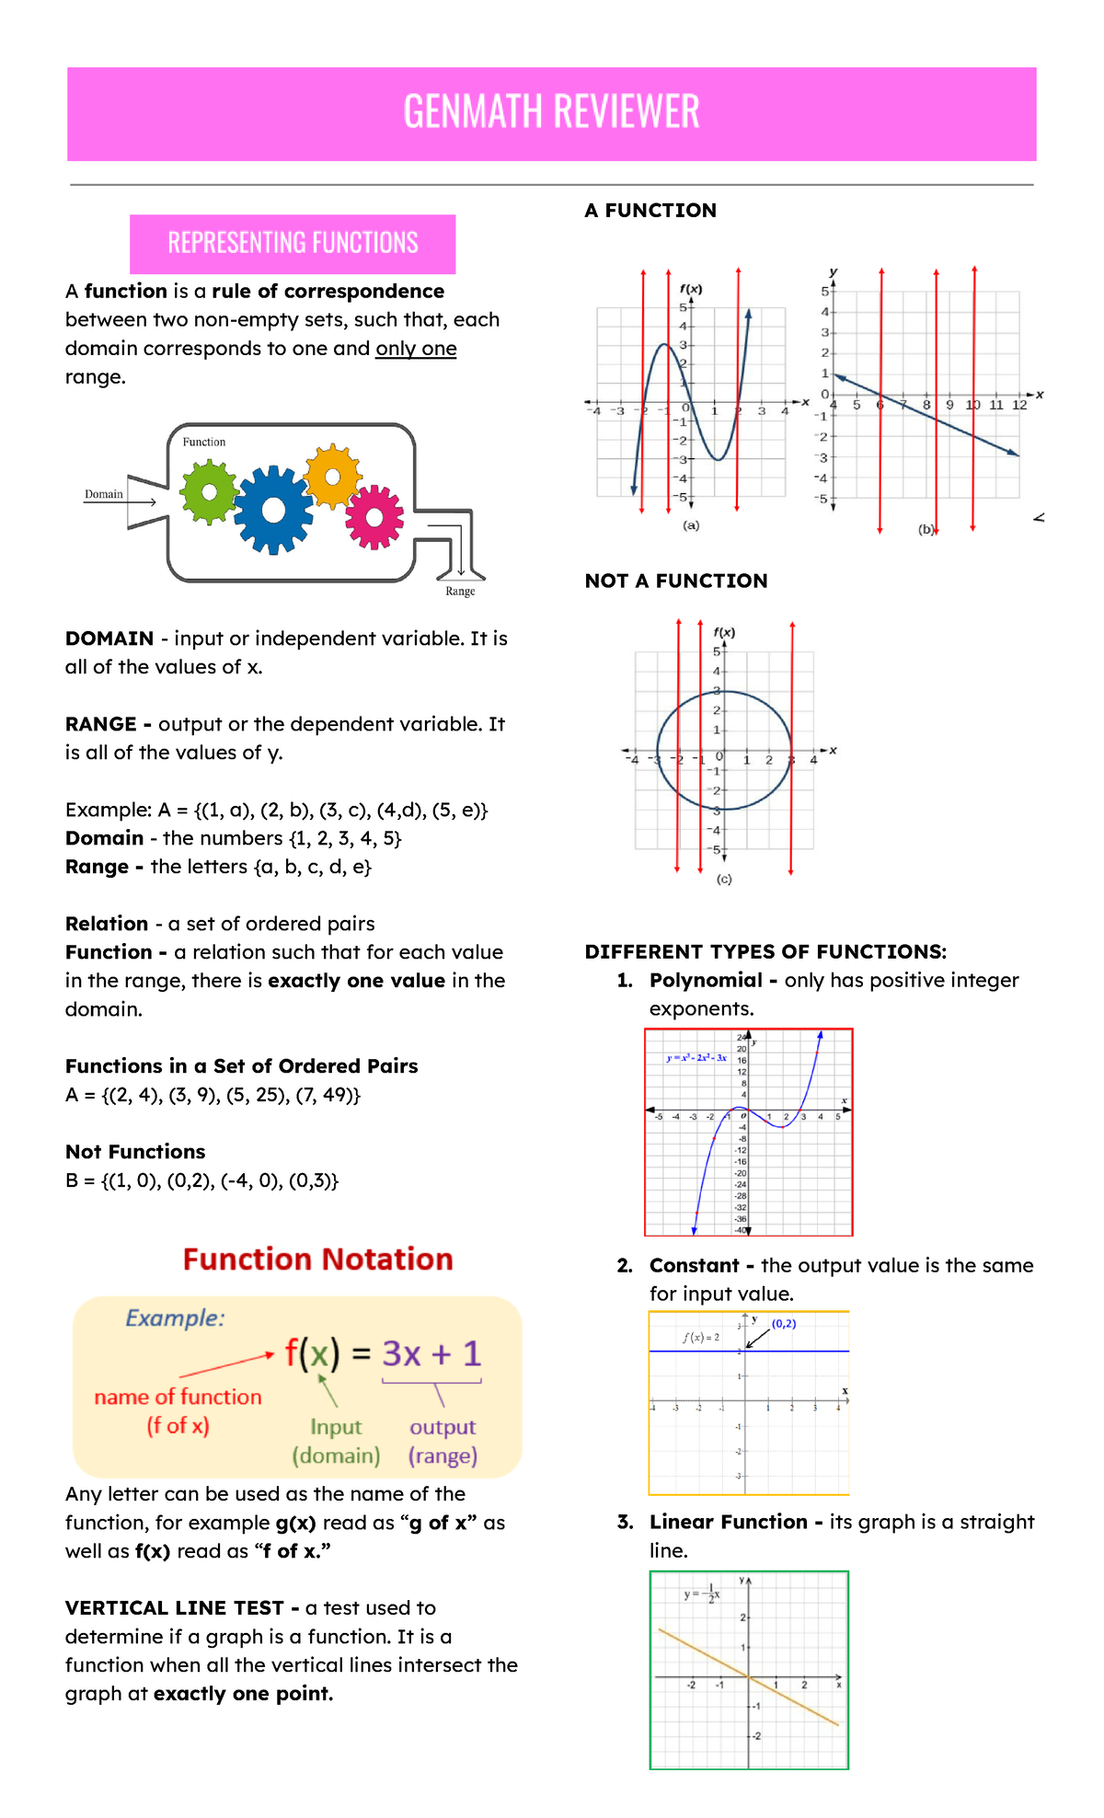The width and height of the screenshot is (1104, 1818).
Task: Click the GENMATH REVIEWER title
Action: [x=551, y=112]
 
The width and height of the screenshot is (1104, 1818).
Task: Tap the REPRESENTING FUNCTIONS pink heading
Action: [x=293, y=243]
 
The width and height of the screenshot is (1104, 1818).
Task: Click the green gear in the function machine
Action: [x=210, y=492]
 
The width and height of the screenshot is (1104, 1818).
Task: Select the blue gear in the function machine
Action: [x=273, y=510]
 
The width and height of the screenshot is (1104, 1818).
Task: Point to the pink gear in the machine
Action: [x=374, y=517]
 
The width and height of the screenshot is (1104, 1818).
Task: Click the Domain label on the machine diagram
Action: [x=104, y=494]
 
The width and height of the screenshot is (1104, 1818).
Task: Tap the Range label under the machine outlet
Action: [x=460, y=592]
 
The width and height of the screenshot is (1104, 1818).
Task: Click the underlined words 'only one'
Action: [x=416, y=349]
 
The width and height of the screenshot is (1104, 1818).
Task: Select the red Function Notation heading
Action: [x=317, y=1259]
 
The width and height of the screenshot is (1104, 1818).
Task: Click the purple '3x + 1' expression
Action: [x=431, y=1353]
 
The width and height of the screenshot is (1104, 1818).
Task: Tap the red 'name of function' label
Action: [x=178, y=1397]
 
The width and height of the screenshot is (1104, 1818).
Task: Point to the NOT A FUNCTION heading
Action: [x=676, y=581]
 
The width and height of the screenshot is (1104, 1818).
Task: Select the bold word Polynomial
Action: [x=706, y=980]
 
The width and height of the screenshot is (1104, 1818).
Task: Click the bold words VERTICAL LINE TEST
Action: [x=175, y=1607]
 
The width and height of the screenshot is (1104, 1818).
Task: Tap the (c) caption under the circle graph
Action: [x=724, y=880]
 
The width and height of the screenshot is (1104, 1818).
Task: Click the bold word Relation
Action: [x=107, y=924]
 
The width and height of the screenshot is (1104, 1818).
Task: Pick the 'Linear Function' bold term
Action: [x=728, y=1522]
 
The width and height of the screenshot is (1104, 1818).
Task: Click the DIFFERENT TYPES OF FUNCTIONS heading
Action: [x=765, y=951]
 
